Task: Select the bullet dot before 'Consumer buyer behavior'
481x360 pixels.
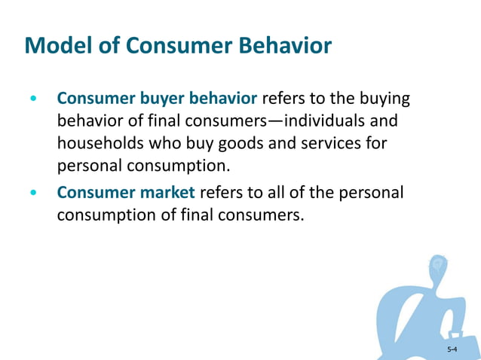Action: click(x=32, y=99)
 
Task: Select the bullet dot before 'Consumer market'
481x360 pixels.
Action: click(x=32, y=194)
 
